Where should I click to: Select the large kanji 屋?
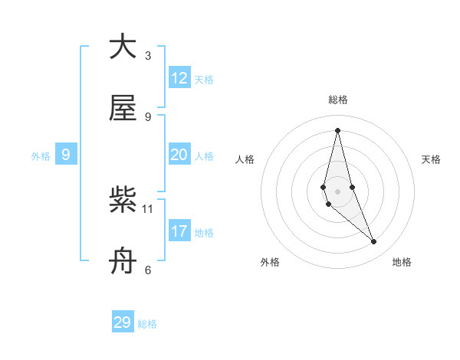pos(123,109)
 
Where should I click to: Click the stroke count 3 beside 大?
pos(148,55)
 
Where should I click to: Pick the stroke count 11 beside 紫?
pos(148,208)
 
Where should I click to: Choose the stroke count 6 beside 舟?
pos(148,270)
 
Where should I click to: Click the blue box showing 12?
pos(179,78)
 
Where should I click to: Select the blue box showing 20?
pos(179,155)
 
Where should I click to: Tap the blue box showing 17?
pos(179,231)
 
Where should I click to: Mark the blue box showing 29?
pos(123,322)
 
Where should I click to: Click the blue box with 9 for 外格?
pos(66,155)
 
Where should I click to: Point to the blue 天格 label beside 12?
pos(204,80)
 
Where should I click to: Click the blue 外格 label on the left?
pos(41,156)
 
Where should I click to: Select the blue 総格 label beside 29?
pos(147,324)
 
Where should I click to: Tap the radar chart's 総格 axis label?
pos(338,100)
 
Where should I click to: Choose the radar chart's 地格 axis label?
pos(402,262)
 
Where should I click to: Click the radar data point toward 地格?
pos(374,242)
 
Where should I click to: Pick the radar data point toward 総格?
pos(337,129)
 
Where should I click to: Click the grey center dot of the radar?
pos(337,191)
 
